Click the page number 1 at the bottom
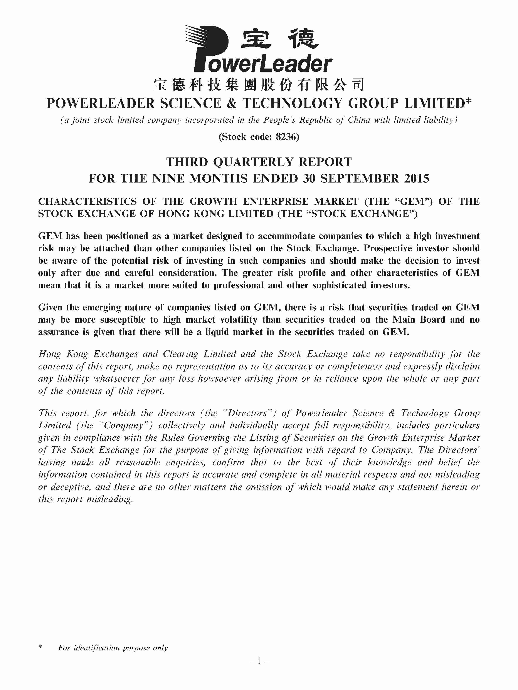pyautogui.click(x=259, y=661)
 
